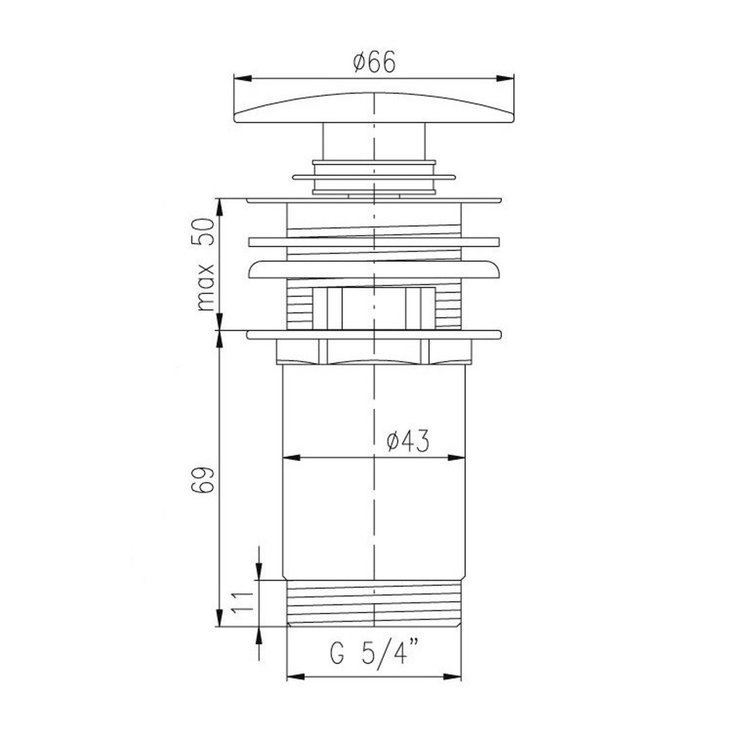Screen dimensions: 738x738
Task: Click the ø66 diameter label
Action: point(374,62)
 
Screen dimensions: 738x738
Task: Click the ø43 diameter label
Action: point(408,442)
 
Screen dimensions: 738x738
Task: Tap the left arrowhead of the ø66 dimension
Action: point(242,78)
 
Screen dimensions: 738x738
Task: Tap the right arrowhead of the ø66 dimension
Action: point(505,78)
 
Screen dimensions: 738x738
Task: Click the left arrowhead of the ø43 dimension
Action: point(291,458)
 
